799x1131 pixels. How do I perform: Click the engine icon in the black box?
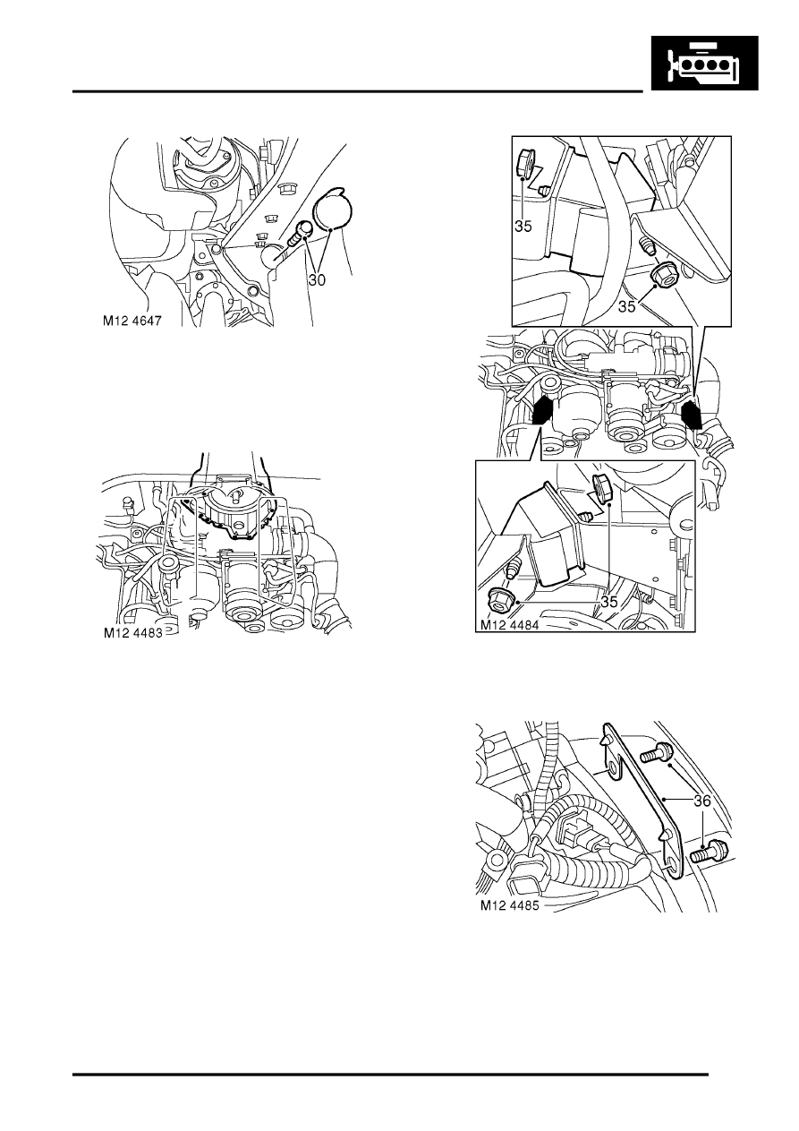704,64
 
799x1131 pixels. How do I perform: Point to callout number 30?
317,279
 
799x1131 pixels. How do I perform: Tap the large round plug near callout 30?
334,208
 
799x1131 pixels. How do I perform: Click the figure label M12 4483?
133,633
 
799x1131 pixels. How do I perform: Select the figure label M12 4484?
509,624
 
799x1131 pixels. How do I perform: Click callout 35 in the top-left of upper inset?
523,227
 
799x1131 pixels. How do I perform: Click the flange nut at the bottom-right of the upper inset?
664,274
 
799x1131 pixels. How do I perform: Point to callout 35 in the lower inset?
608,602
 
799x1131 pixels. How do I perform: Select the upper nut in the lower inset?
602,489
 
